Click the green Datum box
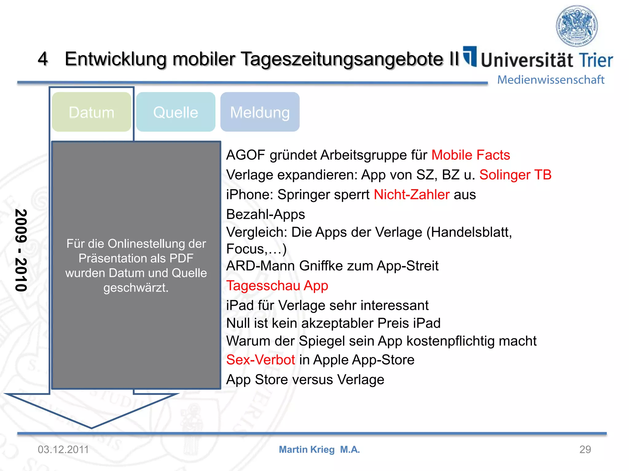pyautogui.click(x=92, y=112)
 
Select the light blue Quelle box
pyautogui.click(x=176, y=112)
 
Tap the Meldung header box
pyautogui.click(x=260, y=112)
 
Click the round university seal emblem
pyautogui.click(x=577, y=26)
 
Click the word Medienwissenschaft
pyautogui.click(x=551, y=80)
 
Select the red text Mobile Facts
pyautogui.click(x=471, y=155)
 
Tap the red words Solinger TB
pyautogui.click(x=515, y=175)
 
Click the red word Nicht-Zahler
pyautogui.click(x=412, y=194)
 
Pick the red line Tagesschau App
pyautogui.click(x=277, y=285)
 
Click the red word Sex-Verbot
pyautogui.click(x=260, y=360)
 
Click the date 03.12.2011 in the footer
pyautogui.click(x=63, y=450)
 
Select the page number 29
pyautogui.click(x=585, y=450)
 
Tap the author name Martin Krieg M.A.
pyautogui.click(x=319, y=450)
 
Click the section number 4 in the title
pyautogui.click(x=43, y=59)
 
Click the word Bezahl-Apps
pyautogui.click(x=265, y=214)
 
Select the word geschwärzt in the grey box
pyautogui.click(x=136, y=288)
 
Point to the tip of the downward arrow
pyautogui.click(x=91, y=427)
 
